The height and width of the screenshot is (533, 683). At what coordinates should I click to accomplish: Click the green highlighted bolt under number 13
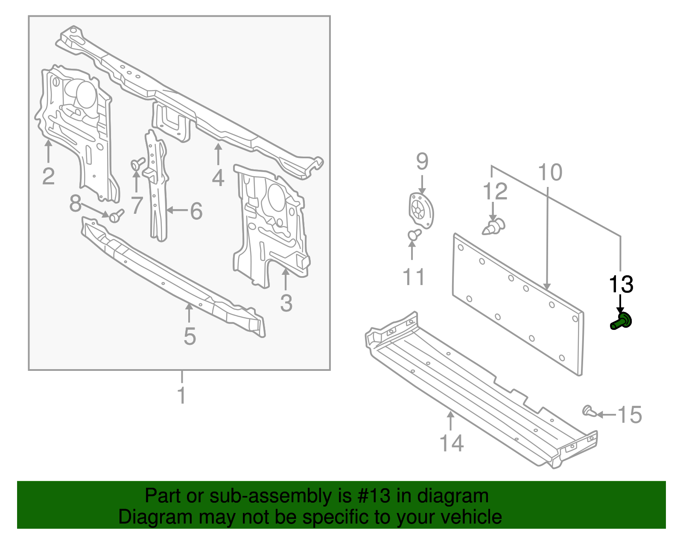(621, 321)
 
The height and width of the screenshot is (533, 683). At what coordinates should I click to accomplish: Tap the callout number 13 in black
(621, 284)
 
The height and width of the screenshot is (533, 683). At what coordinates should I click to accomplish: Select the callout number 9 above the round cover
(422, 162)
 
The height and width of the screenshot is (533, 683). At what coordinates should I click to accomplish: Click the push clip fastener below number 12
(494, 226)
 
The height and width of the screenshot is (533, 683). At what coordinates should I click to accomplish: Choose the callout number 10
(550, 172)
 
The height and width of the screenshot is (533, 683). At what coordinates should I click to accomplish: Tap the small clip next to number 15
(589, 411)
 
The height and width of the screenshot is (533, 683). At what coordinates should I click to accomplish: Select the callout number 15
(630, 415)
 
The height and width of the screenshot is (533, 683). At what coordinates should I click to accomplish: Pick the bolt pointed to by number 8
(116, 216)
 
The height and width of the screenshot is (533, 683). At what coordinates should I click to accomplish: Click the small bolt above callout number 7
(137, 163)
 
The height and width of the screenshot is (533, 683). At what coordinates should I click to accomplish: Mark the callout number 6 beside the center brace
(196, 211)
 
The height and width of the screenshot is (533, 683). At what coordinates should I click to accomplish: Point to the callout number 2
(48, 176)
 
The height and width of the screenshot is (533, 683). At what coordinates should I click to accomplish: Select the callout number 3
(286, 303)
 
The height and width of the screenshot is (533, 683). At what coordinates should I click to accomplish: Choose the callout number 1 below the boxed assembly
(182, 396)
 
